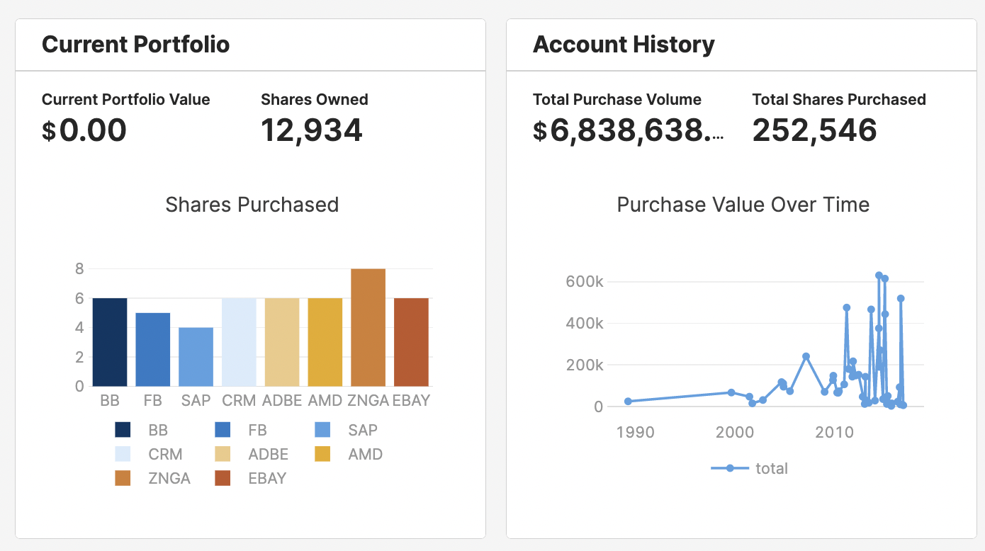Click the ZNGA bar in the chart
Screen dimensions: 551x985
[368, 327]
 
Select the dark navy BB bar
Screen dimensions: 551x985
[110, 342]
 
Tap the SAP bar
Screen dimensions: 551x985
[196, 357]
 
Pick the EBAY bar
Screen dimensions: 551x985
[411, 342]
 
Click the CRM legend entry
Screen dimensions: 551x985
[165, 454]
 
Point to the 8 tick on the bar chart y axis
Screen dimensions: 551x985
[79, 268]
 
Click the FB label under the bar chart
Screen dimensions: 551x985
[152, 400]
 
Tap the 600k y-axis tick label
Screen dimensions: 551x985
[584, 282]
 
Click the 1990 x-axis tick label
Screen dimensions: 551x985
[635, 432]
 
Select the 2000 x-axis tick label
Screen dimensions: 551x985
[735, 432]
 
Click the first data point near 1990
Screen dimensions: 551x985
[628, 401]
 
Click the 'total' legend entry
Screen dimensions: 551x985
[771, 468]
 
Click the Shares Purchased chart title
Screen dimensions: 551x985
[252, 205]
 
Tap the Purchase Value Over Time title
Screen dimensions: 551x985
[743, 205]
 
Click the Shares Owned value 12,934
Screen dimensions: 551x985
[311, 130]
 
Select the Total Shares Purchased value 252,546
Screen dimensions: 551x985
[814, 130]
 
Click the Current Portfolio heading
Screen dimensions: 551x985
[136, 45]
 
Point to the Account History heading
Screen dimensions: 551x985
[624, 45]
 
